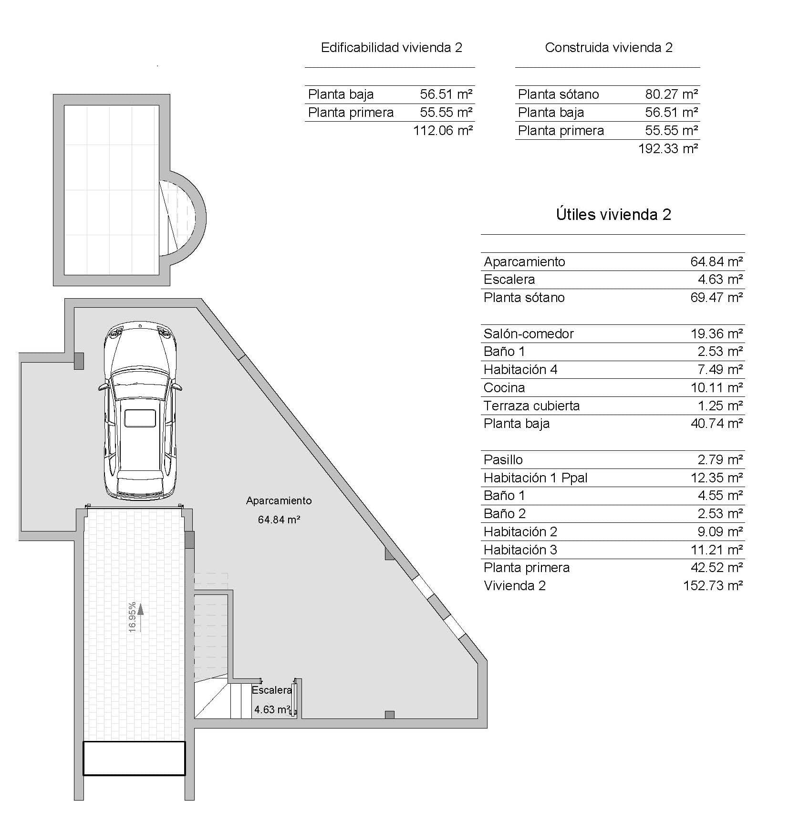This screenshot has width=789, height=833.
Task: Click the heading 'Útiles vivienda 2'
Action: tap(613, 214)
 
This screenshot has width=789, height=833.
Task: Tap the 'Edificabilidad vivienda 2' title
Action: tap(391, 48)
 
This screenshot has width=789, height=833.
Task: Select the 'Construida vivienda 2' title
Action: tap(608, 48)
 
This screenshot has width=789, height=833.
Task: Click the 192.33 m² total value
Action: tap(668, 148)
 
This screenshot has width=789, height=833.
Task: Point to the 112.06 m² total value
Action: tap(443, 130)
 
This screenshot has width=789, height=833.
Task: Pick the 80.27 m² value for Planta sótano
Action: tap(671, 94)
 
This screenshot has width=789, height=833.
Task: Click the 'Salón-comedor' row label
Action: tap(528, 333)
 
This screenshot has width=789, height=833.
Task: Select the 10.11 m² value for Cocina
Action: tap(716, 387)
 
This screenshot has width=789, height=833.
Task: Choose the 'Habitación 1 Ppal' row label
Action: tap(535, 478)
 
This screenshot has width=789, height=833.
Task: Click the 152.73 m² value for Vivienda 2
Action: tap(713, 585)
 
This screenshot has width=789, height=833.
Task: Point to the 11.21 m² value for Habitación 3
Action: tap(716, 550)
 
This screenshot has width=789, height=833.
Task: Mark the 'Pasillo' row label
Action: tap(503, 459)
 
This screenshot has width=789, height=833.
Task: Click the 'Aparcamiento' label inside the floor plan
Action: tap(279, 500)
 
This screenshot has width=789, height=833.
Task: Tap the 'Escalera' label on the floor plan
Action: tap(271, 690)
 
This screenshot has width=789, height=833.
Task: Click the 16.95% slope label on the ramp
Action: tap(132, 617)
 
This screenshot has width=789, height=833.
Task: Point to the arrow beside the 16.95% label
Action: tap(140, 612)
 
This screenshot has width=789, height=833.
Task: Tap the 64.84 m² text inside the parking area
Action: tap(279, 520)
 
